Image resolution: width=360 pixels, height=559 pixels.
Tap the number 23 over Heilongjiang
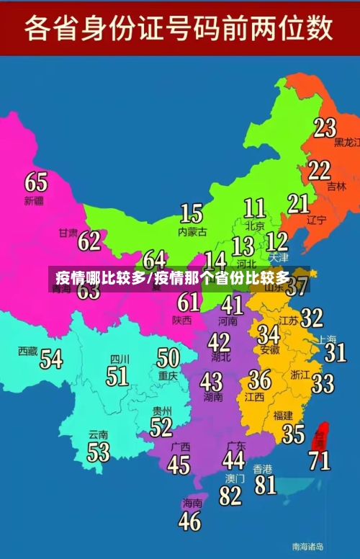coord(324,128)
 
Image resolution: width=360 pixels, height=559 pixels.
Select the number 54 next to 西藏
coord(51,358)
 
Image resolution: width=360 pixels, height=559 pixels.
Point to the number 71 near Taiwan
coord(320,459)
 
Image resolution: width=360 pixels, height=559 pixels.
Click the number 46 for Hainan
coord(189,521)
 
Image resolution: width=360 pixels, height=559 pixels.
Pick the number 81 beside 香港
coord(265,484)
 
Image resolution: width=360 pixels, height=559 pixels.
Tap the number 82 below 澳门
coord(230,496)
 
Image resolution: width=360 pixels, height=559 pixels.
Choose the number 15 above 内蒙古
coord(191,213)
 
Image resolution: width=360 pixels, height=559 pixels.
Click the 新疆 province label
coord(34,200)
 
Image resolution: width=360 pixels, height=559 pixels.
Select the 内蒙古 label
coord(192,232)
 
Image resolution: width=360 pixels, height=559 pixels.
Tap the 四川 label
coord(120,359)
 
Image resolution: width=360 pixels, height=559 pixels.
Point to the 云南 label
coord(98,435)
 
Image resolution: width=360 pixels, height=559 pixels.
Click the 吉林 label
coord(336,186)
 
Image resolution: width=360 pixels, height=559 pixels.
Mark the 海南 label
coord(192,503)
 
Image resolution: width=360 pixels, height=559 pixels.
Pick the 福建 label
coord(283,415)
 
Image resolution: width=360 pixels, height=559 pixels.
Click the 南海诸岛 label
coord(307,545)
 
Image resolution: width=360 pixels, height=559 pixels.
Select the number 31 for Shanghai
coord(335,352)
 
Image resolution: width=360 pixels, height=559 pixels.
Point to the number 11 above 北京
coord(254,208)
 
